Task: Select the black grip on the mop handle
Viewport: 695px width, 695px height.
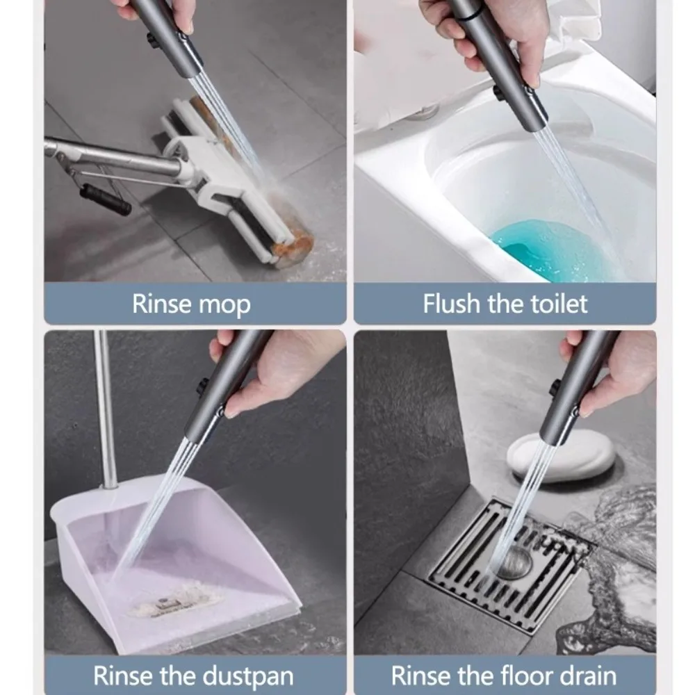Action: (x=104, y=197)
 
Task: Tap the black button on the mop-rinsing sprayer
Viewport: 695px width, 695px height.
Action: (x=152, y=40)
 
